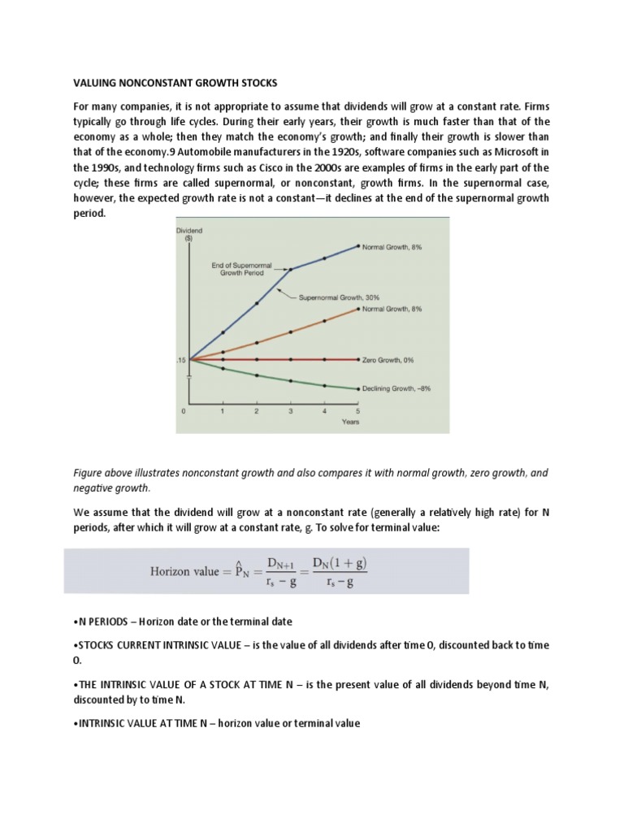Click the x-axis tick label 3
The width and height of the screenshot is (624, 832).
(x=291, y=412)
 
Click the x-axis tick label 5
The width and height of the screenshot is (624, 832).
(x=359, y=412)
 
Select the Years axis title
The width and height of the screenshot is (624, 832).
(x=350, y=422)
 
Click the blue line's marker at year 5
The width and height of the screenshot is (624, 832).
(x=359, y=246)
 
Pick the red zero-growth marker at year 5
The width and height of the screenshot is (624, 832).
(x=359, y=359)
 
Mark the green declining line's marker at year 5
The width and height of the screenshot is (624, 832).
(x=359, y=388)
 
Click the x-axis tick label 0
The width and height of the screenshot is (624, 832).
(x=184, y=412)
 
